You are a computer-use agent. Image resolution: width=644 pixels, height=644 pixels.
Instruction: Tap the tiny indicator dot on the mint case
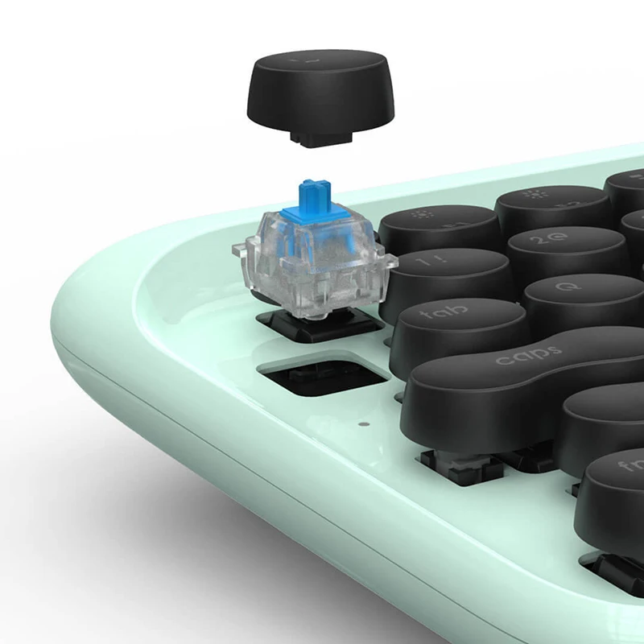363,422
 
